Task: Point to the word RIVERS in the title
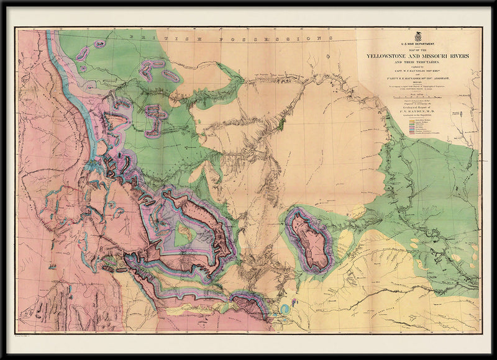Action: coord(459,56)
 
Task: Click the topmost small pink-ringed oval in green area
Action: coord(99,44)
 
